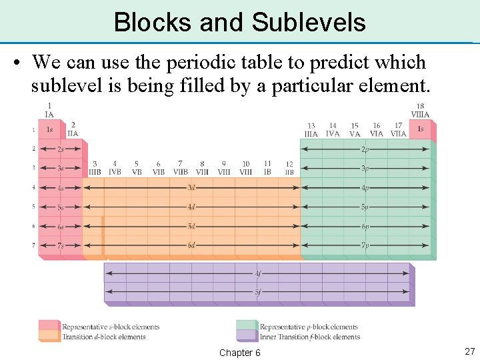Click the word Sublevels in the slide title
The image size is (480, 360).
[309, 22]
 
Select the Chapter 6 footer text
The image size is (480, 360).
[239, 353]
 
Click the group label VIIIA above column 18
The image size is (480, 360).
[420, 115]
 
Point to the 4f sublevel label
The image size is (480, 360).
[258, 273]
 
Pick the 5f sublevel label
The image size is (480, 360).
[258, 292]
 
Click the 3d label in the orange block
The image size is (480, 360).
[191, 188]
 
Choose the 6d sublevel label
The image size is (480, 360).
[191, 245]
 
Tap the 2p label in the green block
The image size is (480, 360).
[365, 149]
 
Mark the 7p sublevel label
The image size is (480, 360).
[365, 245]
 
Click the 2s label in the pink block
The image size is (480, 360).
[61, 149]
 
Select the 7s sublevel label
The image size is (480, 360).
[61, 245]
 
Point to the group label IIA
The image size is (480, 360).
[73, 133]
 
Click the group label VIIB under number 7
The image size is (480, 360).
[180, 172]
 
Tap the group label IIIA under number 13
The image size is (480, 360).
[311, 134]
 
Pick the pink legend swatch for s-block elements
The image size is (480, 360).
[49, 326]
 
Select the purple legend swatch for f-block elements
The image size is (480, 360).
[247, 336]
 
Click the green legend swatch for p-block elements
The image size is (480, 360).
[247, 326]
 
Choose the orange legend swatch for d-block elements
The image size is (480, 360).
[49, 336]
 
